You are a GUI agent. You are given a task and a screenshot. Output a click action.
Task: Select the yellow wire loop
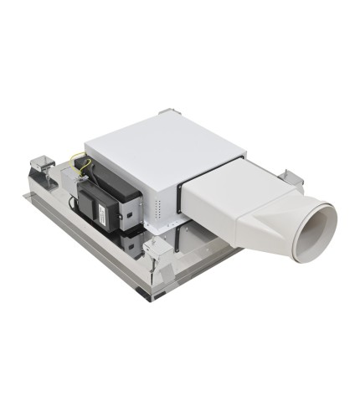(x=80, y=163)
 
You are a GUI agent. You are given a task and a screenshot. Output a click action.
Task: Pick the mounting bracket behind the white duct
(x=291, y=178)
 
